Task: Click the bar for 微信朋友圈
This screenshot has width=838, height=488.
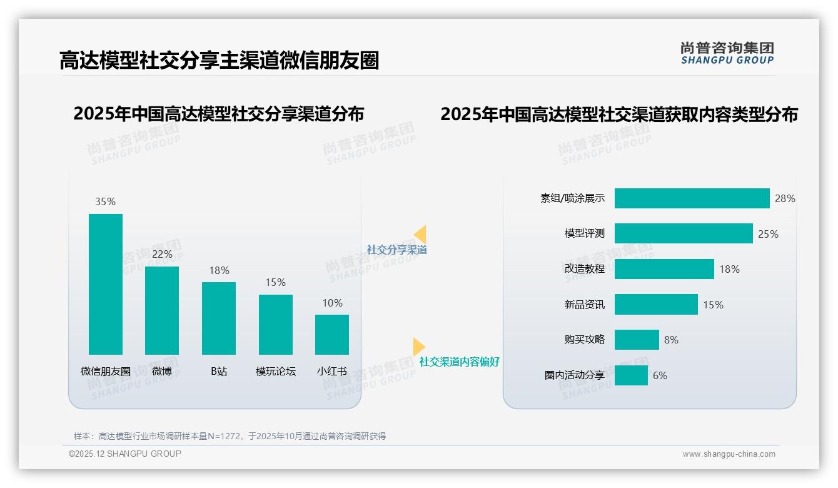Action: coord(106,284)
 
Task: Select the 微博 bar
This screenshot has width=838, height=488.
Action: coord(162,310)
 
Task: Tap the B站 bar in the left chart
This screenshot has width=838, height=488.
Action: coord(219,318)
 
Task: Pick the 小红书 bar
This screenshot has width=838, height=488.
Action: coord(332,335)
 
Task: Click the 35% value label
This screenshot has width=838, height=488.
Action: coord(106,202)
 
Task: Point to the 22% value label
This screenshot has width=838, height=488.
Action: coord(162,255)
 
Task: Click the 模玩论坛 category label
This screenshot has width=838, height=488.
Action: coord(275,372)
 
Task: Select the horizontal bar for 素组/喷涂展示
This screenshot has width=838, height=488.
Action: coord(692,198)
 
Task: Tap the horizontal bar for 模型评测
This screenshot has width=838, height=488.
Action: coord(684,233)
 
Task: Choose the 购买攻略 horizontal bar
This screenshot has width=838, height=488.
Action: coord(637,340)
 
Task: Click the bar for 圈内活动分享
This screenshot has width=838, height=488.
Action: coord(631,375)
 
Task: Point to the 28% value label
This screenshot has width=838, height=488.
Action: coord(785,199)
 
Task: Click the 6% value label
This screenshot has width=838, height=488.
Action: coord(660,376)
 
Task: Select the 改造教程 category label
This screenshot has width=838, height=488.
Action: coord(585,269)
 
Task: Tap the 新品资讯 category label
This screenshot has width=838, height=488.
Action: coord(585,305)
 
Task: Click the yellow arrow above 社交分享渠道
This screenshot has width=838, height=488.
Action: coord(420,234)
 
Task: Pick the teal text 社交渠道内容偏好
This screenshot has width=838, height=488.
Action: coord(460,362)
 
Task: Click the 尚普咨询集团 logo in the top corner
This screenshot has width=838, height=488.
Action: coord(727,53)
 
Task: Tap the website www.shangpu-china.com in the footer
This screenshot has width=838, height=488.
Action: coord(729,454)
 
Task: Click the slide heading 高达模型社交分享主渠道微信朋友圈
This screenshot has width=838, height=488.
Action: coord(219,61)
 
